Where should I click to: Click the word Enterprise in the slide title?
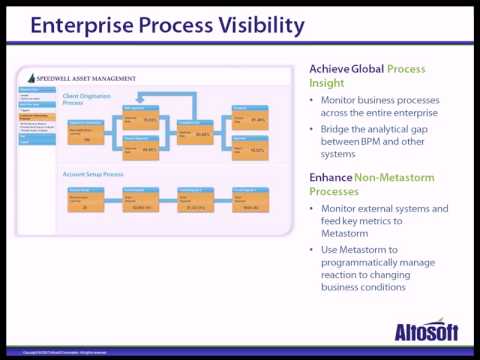(90, 28)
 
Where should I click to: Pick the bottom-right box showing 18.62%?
(249, 150)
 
